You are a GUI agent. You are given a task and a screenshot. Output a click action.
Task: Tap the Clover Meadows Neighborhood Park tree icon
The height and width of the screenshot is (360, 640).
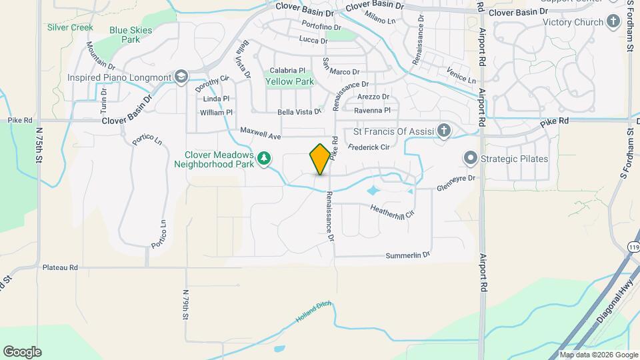tap(265, 158)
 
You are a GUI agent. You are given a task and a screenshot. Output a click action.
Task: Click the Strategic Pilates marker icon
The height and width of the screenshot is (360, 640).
tap(471, 159)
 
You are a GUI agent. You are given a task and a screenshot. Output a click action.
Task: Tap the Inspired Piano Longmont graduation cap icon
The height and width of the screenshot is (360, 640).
tap(180, 77)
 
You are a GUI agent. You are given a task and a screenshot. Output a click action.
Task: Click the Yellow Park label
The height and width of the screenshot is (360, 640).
tap(289, 82)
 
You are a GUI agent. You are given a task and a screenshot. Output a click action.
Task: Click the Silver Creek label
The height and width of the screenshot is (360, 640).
tap(70, 28)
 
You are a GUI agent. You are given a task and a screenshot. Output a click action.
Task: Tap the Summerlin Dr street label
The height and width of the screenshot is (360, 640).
tap(408, 255)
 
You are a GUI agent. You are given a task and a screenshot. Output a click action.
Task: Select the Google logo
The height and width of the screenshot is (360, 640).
tap(22, 352)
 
